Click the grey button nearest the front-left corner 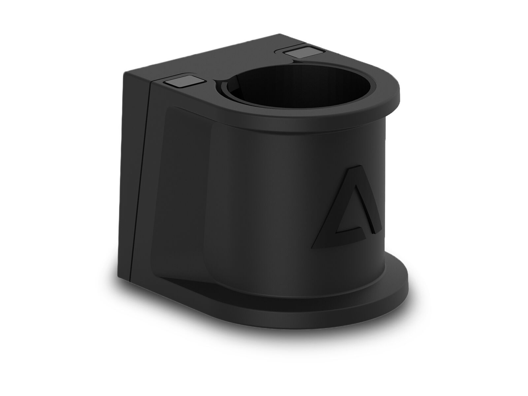(x=182, y=82)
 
